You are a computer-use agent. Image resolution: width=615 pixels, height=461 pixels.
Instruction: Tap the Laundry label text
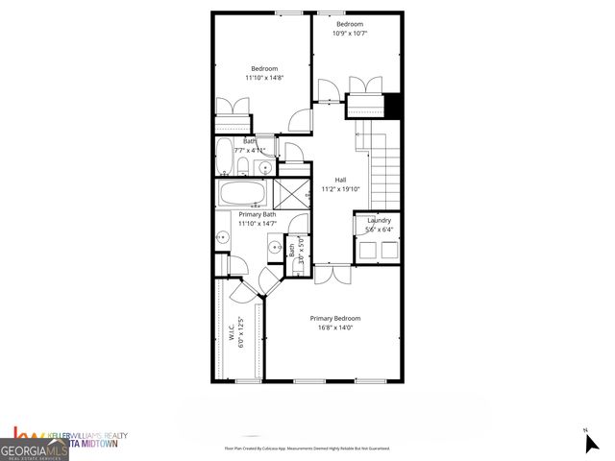[x=379, y=221]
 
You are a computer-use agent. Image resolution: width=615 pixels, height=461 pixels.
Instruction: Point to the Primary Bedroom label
[x=334, y=318]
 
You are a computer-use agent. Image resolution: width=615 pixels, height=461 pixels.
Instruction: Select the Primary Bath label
[x=244, y=214]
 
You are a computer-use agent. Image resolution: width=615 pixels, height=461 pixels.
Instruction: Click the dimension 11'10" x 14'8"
[x=264, y=77]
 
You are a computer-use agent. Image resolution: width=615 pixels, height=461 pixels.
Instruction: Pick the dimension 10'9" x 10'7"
[x=350, y=33]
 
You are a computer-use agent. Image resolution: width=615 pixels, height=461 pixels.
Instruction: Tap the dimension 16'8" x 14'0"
[x=334, y=328]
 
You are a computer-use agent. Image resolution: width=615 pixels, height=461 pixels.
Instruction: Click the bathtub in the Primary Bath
[x=243, y=193]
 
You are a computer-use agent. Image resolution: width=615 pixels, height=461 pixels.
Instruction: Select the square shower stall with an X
[x=290, y=192]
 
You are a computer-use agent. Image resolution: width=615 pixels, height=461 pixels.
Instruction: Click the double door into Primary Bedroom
[x=333, y=276]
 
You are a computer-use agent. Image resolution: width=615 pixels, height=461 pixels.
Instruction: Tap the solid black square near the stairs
[x=391, y=103]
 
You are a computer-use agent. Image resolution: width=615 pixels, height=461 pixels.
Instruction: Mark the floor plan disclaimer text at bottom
[x=307, y=449]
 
